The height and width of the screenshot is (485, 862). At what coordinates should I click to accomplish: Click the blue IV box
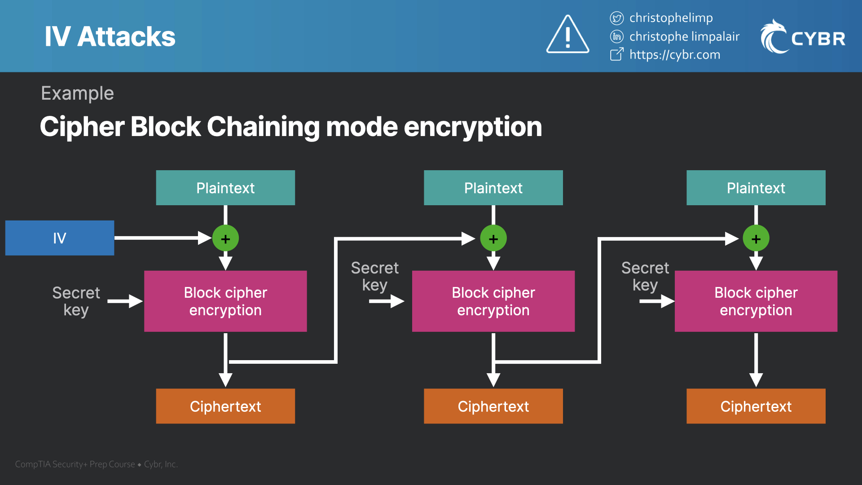[x=60, y=238]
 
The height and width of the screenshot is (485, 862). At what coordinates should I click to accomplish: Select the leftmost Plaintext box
[x=225, y=188]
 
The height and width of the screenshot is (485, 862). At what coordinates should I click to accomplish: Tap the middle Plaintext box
[x=493, y=188]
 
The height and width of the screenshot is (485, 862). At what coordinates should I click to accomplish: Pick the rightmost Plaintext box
[x=756, y=188]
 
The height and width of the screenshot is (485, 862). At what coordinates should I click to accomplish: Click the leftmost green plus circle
[x=225, y=238]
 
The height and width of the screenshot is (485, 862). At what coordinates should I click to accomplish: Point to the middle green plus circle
[x=493, y=238]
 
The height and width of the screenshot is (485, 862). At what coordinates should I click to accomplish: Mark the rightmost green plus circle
[x=756, y=238]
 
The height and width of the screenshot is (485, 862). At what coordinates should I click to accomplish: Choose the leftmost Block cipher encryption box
[x=225, y=301]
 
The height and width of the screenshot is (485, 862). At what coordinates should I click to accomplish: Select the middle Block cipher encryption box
[x=493, y=301]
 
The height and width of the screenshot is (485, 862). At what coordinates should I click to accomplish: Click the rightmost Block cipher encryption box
[x=756, y=301]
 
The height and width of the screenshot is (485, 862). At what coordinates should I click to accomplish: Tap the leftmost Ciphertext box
[x=225, y=406]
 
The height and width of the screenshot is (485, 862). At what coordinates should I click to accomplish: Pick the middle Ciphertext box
[x=493, y=406]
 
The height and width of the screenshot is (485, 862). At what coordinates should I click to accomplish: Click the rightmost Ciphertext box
[x=756, y=406]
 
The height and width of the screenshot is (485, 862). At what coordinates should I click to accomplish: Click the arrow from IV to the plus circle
[x=162, y=238]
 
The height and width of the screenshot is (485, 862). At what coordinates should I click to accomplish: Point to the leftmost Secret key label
[x=76, y=301]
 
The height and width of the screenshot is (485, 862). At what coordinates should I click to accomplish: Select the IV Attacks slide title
[x=110, y=36]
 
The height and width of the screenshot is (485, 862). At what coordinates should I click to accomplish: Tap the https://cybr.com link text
[x=674, y=55]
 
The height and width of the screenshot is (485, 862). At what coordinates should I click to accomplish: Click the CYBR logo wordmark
[x=818, y=39]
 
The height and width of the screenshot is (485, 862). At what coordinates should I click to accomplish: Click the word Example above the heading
[x=77, y=93]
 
